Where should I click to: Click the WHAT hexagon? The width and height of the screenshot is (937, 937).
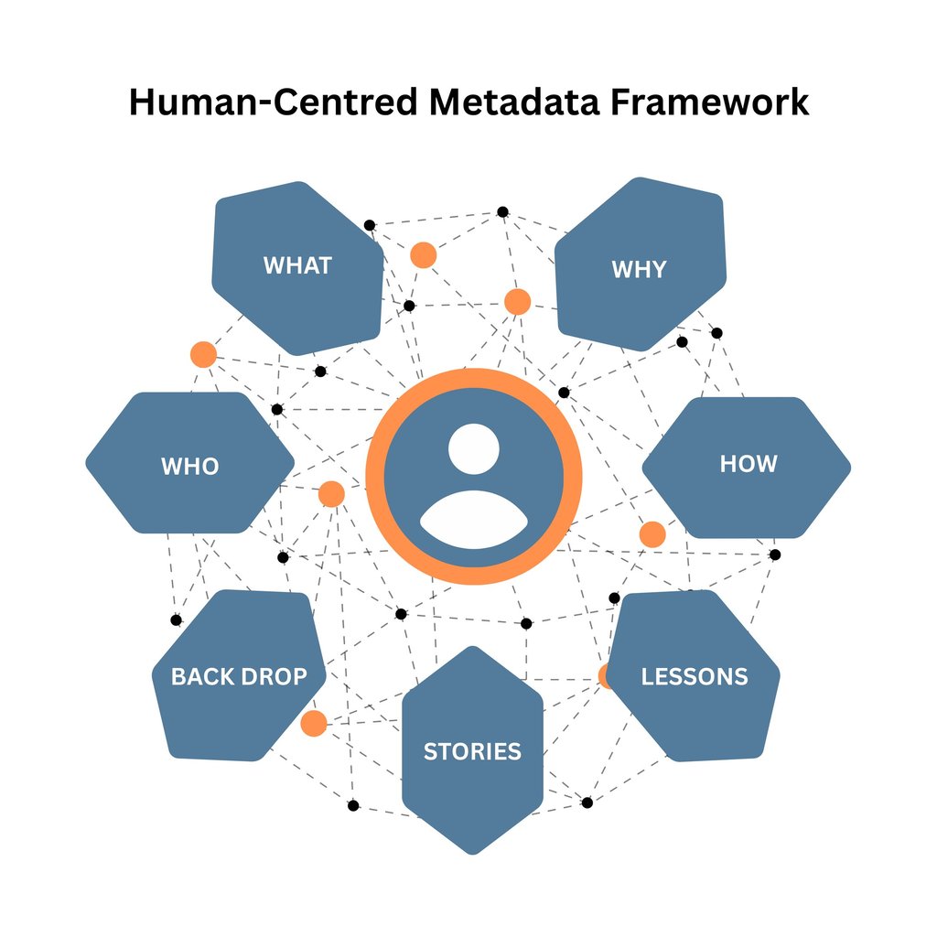(297, 268)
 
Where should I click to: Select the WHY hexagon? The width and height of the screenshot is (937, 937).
(640, 264)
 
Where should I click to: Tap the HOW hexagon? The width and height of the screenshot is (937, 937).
(747, 468)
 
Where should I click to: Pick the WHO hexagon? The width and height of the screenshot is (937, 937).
(190, 462)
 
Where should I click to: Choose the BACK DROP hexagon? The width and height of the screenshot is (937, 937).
(239, 675)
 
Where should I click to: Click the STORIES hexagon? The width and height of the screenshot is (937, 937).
(473, 750)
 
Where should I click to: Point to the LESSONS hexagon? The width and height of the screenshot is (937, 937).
(694, 676)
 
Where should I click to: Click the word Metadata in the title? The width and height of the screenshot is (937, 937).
(514, 102)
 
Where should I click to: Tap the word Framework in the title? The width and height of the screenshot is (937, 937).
(709, 102)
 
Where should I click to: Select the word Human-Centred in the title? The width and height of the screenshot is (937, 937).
(273, 102)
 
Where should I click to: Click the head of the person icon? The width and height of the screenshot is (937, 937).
(474, 448)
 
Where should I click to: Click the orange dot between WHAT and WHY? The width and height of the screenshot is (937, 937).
(423, 255)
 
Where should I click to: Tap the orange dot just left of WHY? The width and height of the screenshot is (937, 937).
(518, 302)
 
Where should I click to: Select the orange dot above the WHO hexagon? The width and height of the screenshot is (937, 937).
(203, 355)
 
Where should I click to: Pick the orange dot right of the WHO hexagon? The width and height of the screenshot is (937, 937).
(331, 494)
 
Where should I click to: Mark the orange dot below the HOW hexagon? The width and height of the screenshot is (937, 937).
(652, 534)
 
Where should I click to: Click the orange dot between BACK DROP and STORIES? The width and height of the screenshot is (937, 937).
(314, 724)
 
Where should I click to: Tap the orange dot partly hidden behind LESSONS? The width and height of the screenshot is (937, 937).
(604, 676)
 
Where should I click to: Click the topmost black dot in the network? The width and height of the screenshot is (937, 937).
(503, 211)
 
